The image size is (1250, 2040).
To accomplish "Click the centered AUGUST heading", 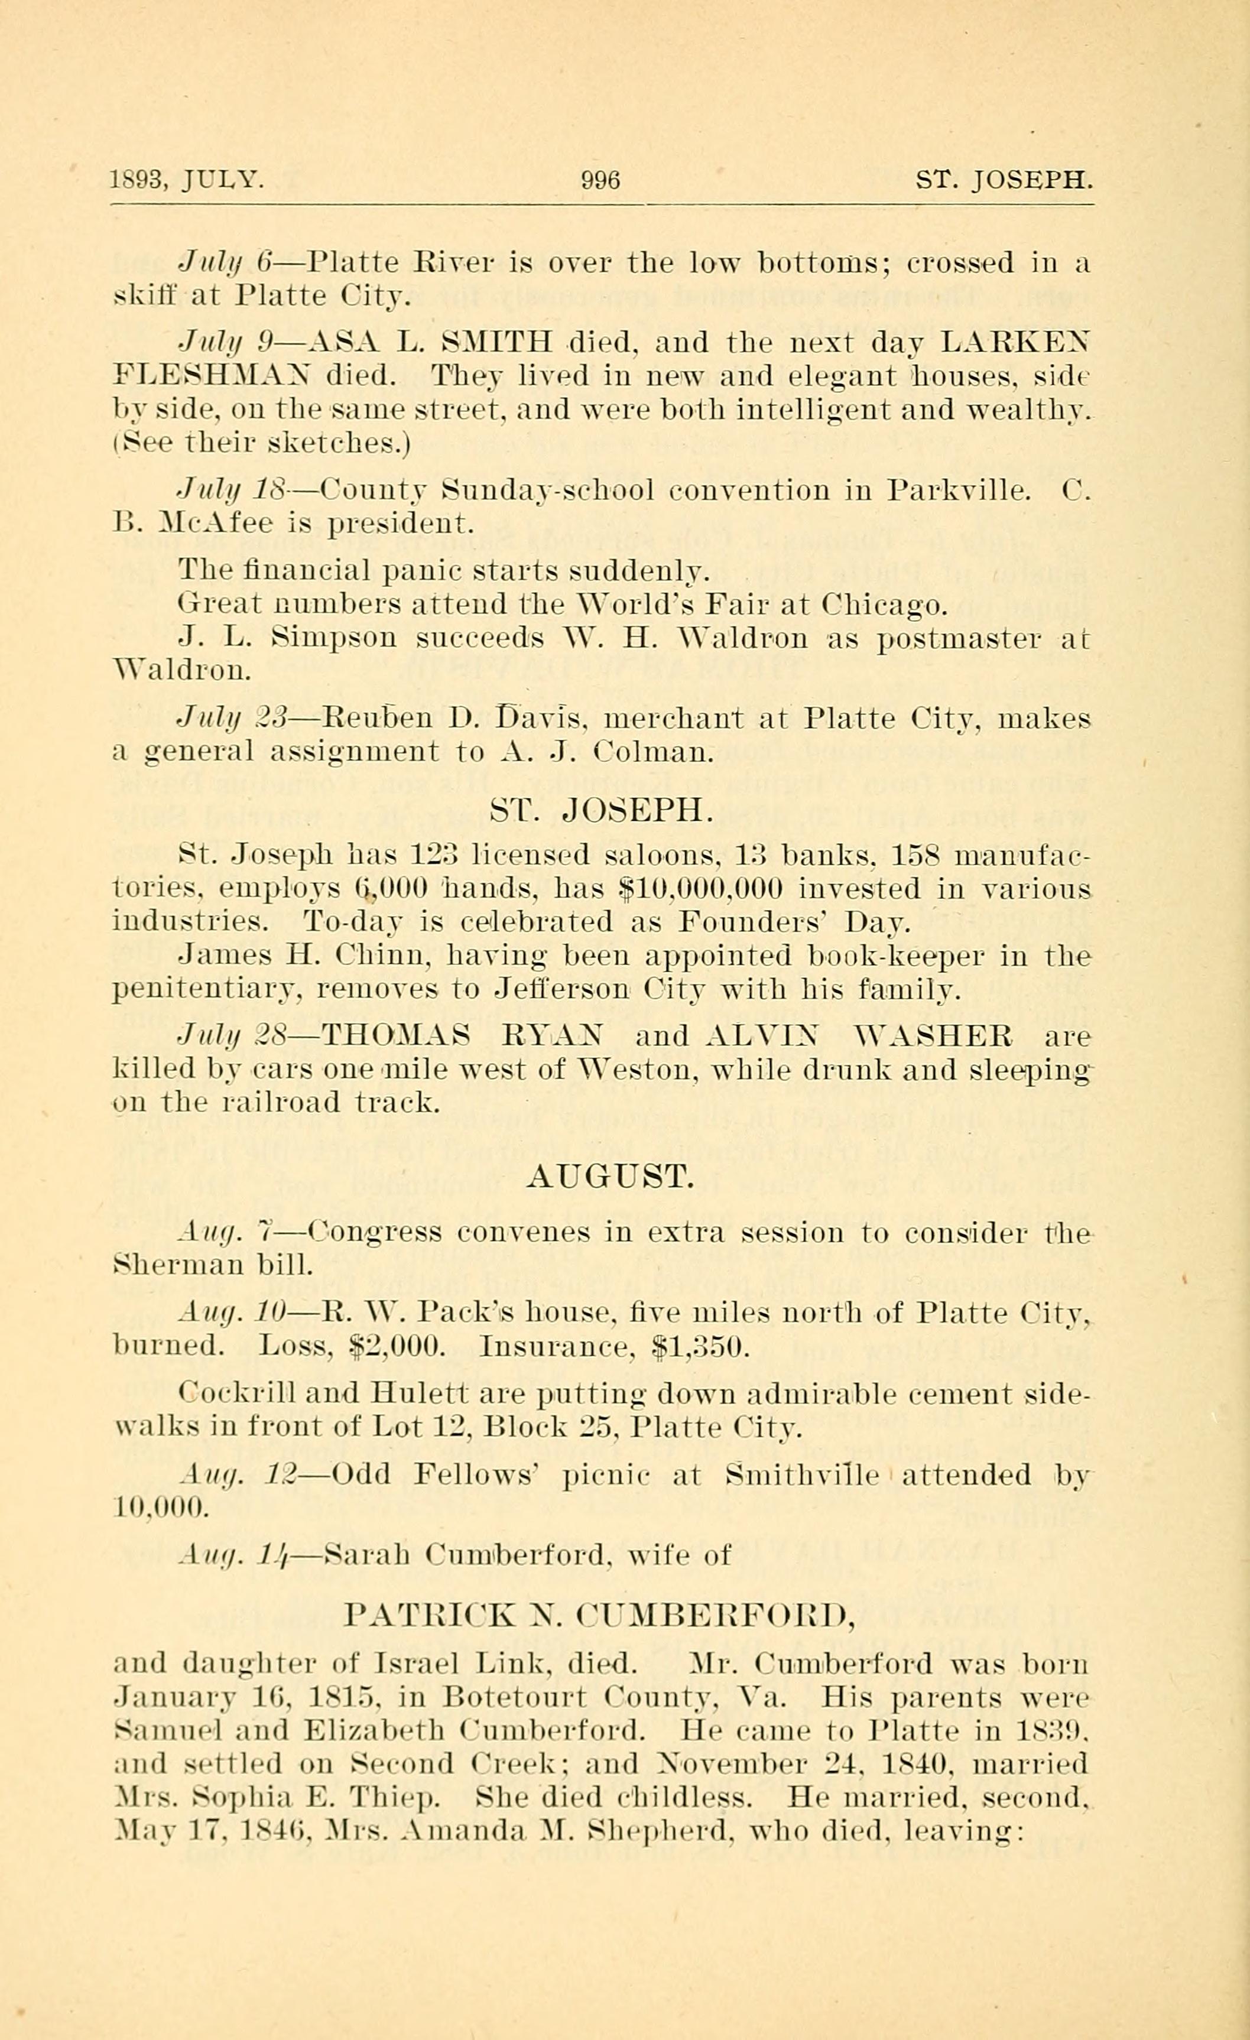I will click(x=609, y=1177).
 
